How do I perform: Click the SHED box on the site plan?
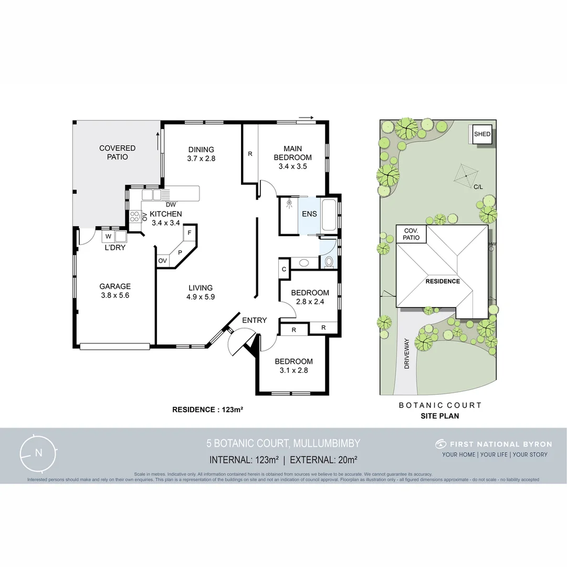482,134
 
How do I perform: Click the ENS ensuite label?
309,214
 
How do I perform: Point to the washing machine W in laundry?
108,237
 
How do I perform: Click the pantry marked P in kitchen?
180,253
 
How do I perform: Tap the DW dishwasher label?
170,205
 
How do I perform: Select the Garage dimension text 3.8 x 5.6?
115,296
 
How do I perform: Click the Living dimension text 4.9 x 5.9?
201,297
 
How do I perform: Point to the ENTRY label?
254,320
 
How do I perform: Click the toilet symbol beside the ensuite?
329,261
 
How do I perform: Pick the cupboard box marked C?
283,269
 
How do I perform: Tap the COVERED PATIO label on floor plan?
117,152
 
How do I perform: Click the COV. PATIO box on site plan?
411,234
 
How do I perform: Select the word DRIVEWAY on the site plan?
406,353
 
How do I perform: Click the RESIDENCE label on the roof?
443,281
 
